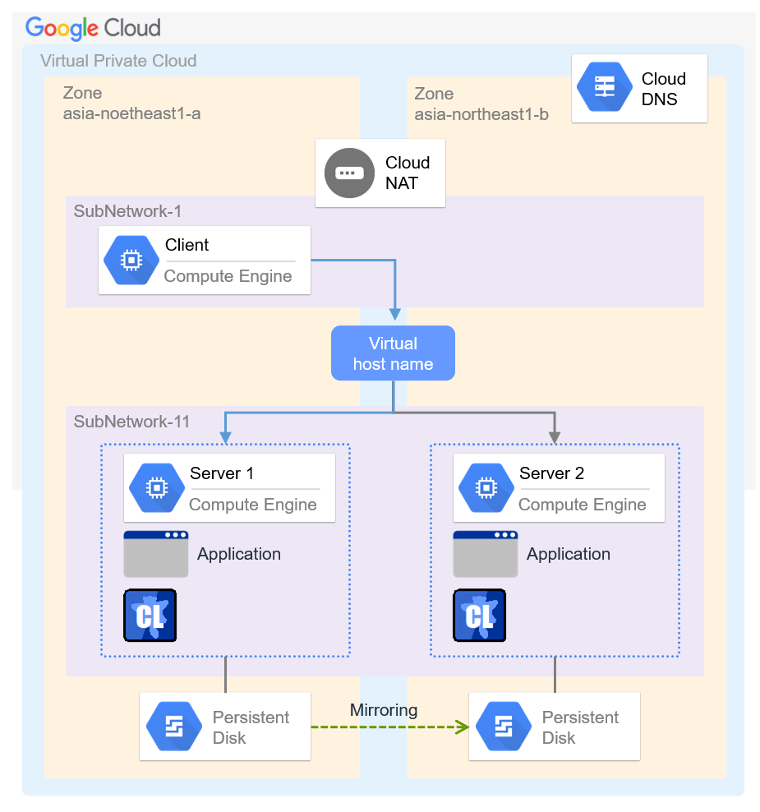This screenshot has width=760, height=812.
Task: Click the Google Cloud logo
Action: (93, 28)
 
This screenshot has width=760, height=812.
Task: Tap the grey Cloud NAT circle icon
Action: (348, 173)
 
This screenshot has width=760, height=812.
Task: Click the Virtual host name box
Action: (393, 353)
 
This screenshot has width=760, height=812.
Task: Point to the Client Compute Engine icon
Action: (131, 260)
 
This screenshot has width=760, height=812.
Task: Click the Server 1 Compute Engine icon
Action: (156, 488)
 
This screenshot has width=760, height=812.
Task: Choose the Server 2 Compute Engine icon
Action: (486, 488)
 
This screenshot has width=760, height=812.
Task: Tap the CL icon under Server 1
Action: (150, 615)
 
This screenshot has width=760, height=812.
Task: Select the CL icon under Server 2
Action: (480, 615)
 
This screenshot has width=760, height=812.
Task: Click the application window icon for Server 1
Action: (156, 554)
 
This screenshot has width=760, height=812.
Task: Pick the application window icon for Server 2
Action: (486, 554)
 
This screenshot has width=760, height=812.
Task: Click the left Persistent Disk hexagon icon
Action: (173, 727)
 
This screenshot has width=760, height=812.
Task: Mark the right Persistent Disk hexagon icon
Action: (503, 727)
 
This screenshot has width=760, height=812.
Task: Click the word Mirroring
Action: (384, 710)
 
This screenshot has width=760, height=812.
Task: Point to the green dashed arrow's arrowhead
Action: (463, 727)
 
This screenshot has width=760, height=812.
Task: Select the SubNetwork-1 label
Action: (127, 211)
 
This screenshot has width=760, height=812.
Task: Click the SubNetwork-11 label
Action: (131, 422)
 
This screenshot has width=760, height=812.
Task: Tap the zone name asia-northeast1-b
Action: (481, 114)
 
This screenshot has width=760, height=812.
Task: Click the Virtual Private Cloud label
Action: (118, 61)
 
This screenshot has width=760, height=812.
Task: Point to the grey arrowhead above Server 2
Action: (555, 437)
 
